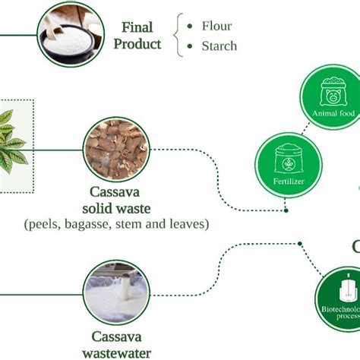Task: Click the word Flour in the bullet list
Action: (216, 27)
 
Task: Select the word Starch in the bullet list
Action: (219, 46)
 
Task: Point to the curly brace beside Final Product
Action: (178, 36)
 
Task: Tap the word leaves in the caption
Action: (189, 224)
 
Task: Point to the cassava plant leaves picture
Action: (15, 144)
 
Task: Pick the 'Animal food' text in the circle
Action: (334, 114)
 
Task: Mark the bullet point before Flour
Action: (190, 27)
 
